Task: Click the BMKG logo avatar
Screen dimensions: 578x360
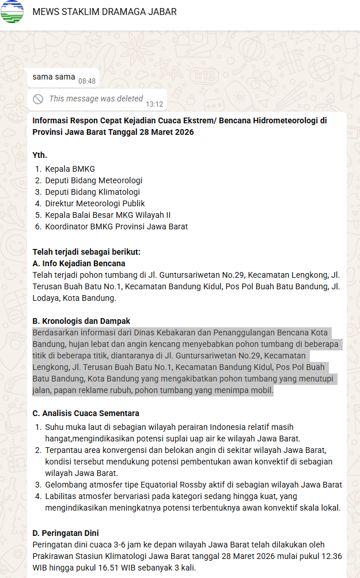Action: pos(12,12)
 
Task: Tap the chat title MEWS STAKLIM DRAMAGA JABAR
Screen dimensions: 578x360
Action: pos(104,12)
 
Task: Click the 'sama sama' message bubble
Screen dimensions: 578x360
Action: pos(54,77)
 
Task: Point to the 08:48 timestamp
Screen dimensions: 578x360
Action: pos(87,81)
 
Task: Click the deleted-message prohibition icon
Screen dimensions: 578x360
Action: pos(38,99)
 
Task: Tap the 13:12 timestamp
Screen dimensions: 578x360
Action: pos(154,104)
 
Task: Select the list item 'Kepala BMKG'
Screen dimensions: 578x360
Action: pos(70,169)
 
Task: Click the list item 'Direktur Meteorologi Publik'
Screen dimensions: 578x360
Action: pos(95,203)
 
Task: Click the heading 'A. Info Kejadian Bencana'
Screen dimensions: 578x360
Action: pos(79,263)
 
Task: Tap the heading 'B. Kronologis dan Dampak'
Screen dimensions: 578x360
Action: pos(81,321)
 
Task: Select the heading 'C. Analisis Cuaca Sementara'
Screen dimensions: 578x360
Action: pos(86,413)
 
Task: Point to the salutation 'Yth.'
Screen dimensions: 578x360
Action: pos(40,155)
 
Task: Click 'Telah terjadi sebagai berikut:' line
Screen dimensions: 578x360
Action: pos(86,252)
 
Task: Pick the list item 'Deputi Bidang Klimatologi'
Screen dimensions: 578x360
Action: pos(92,192)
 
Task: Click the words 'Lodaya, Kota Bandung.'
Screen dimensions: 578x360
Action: pos(74,298)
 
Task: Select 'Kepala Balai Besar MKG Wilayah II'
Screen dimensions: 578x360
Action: pos(108,215)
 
